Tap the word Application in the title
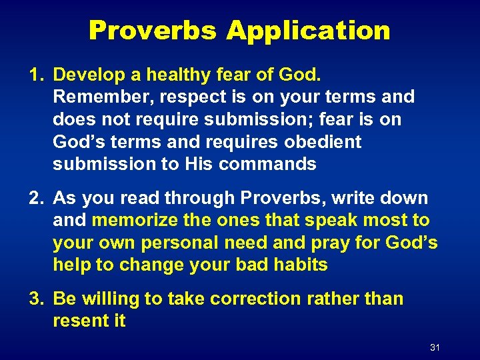[308, 31]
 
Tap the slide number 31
[435, 347]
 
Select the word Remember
[102, 97]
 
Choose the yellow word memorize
[136, 221]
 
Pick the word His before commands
[202, 165]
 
